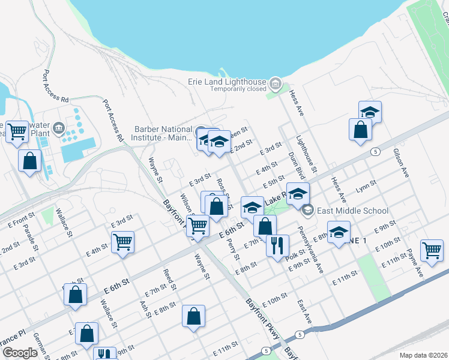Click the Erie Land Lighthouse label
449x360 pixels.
[238, 82]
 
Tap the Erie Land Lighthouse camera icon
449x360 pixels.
[276, 82]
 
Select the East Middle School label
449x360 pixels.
[354, 211]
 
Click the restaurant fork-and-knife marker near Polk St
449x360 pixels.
[277, 245]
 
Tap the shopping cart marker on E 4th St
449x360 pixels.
[123, 242]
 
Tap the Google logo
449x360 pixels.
[20, 353]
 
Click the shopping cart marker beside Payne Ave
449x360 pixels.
[432, 251]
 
